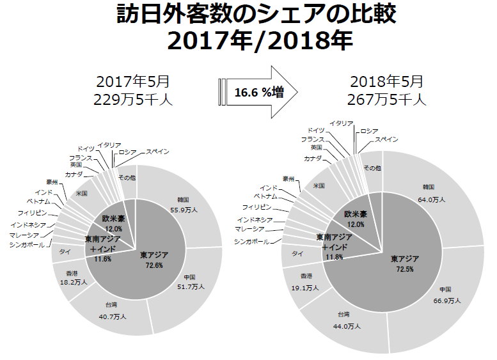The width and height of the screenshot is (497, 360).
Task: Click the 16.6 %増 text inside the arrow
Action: [x=259, y=92]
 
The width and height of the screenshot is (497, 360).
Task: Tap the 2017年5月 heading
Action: [x=133, y=82]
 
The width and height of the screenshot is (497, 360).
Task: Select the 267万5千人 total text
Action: [x=386, y=99]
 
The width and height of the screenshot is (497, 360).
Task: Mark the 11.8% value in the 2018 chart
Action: [x=334, y=256]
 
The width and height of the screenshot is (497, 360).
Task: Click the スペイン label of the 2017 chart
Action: [x=157, y=152]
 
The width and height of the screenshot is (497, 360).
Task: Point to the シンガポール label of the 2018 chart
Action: [x=251, y=241]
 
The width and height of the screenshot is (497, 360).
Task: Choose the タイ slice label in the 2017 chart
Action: [x=65, y=251]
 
